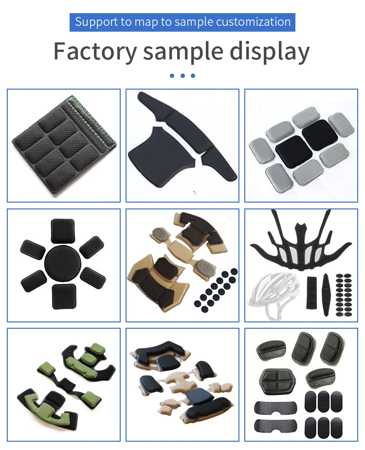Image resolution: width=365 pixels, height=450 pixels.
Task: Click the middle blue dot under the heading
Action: (182, 75)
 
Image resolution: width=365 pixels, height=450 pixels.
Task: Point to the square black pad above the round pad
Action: (62, 230)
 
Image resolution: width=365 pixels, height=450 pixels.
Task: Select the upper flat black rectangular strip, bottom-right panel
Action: (275, 407)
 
